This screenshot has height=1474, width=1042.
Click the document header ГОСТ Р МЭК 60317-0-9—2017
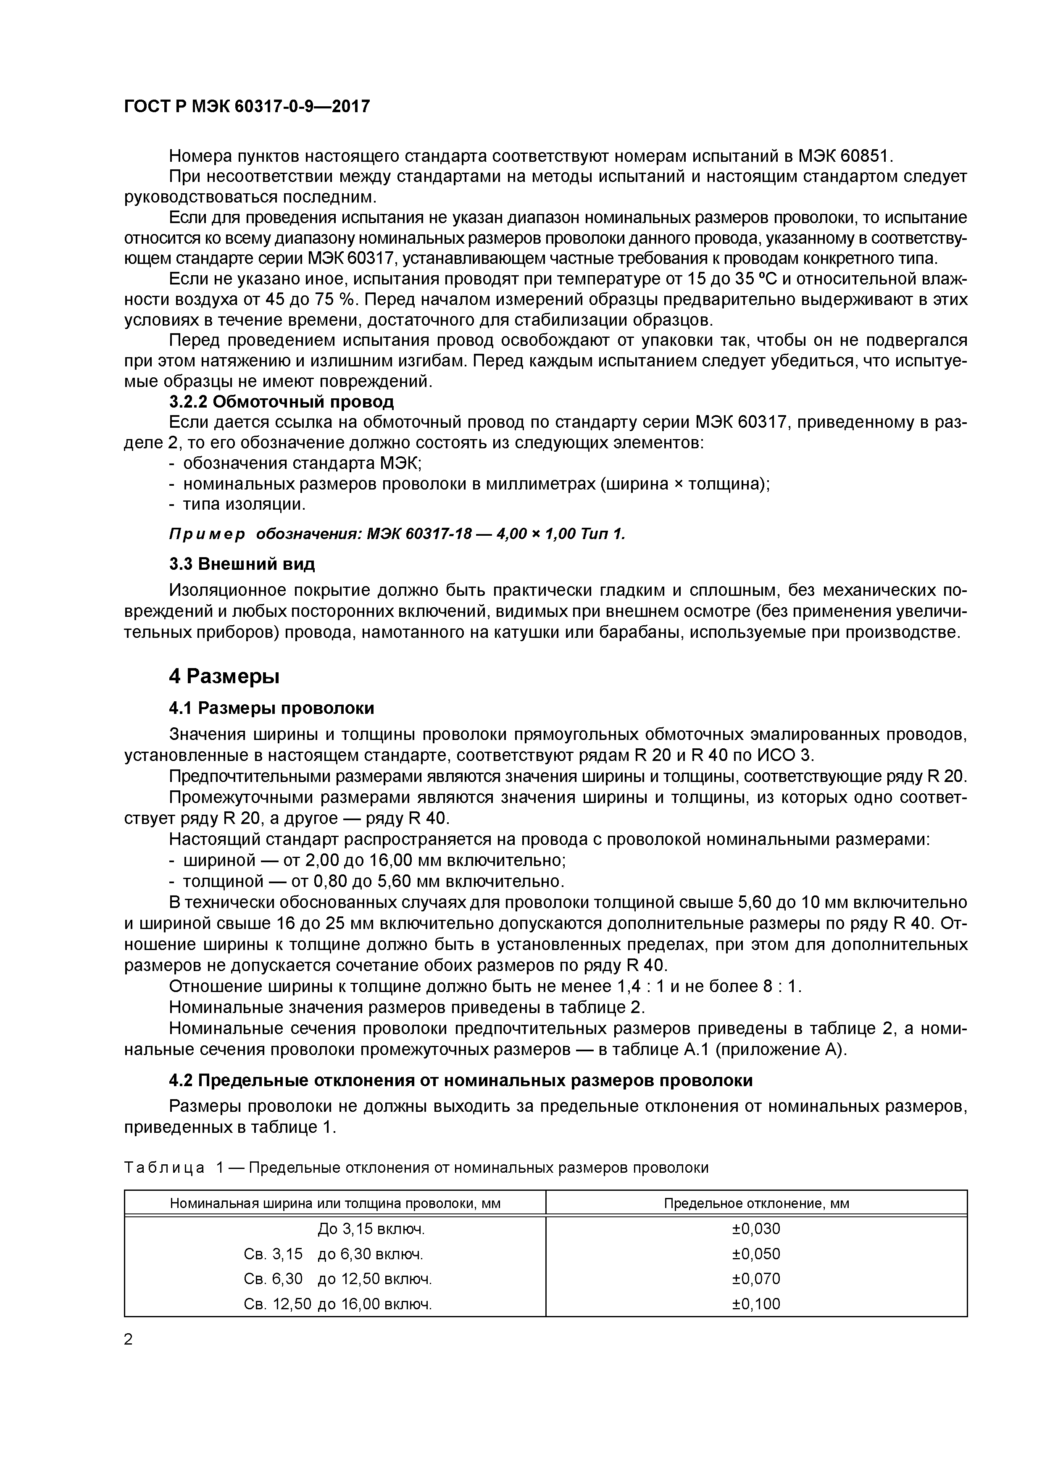(x=247, y=107)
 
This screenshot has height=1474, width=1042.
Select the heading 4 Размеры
(x=224, y=676)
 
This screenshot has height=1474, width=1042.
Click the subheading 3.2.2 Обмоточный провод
(x=281, y=402)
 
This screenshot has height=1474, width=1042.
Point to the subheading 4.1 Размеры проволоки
(x=271, y=708)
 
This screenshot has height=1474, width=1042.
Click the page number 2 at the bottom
(x=129, y=1339)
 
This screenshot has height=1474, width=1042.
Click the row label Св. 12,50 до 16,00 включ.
(x=338, y=1304)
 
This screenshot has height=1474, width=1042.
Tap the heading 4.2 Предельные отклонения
(x=460, y=1080)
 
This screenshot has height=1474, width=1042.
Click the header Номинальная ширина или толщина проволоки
(x=334, y=1203)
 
